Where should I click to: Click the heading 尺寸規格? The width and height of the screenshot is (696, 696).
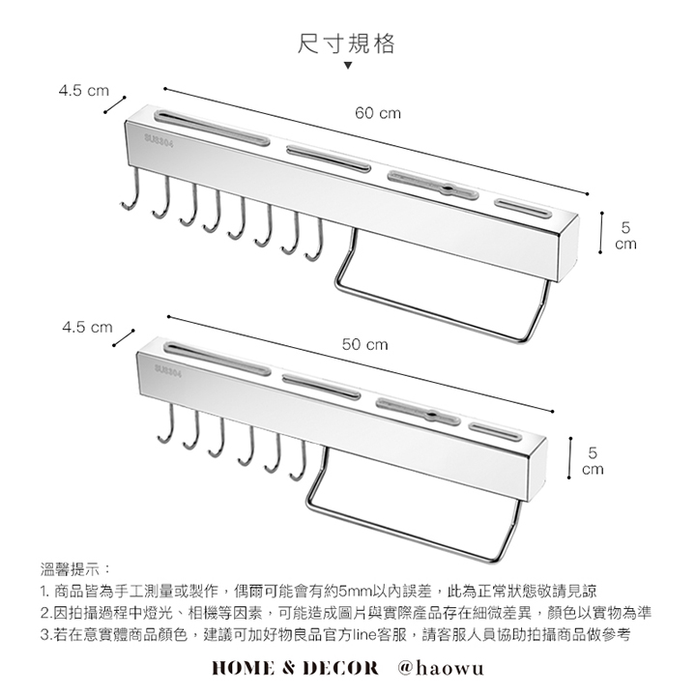[x=347, y=43]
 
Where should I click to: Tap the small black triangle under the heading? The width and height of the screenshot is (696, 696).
[x=348, y=68]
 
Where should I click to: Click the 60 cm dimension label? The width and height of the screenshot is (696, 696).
[x=377, y=114]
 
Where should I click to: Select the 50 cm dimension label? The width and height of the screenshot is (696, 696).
[x=364, y=344]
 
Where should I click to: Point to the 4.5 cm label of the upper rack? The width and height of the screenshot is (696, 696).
[x=83, y=92]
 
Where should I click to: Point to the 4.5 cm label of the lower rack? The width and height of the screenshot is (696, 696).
[x=87, y=328]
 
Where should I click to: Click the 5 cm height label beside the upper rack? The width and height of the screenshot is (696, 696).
[x=627, y=236]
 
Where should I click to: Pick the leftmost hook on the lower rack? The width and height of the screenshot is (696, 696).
[x=165, y=426]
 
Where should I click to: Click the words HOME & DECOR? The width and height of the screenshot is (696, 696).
[x=296, y=668]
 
